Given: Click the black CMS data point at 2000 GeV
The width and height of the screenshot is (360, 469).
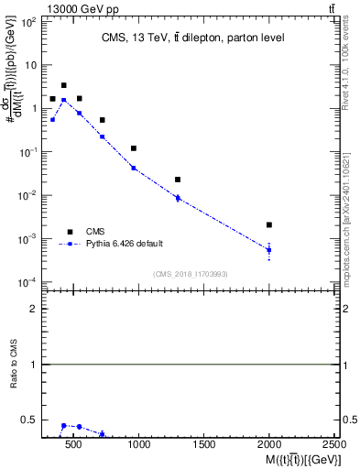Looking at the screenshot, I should point(269,224).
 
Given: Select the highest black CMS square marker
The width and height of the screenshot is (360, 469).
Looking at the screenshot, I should point(63,85).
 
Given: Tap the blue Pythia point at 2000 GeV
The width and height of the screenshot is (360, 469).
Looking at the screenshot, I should point(269,249).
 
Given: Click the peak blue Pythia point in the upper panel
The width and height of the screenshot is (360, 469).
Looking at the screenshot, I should point(63,100).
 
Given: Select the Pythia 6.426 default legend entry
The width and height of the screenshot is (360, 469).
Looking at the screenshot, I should point(125,244).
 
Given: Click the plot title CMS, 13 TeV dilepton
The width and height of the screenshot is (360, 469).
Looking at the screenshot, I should point(180,38).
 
